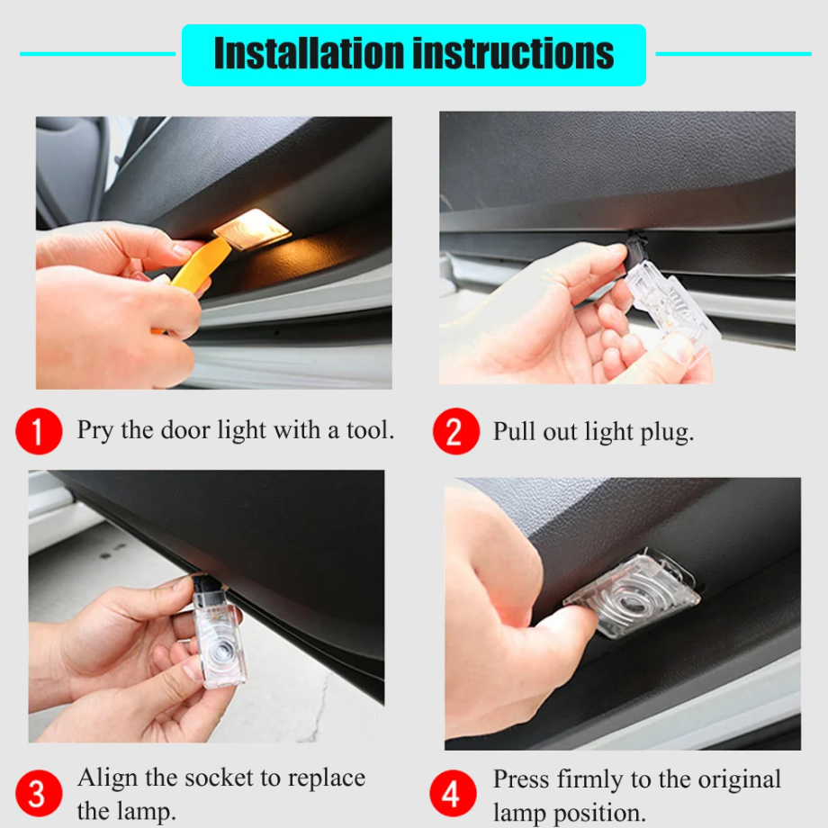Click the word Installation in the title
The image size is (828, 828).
click(x=310, y=53)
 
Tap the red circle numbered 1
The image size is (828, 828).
click(x=39, y=431)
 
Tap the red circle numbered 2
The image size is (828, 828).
click(x=456, y=431)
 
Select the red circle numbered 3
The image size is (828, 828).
click(x=39, y=793)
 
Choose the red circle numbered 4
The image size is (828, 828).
click(x=453, y=793)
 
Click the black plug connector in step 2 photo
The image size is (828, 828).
click(x=634, y=248)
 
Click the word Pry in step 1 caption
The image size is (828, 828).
click(x=95, y=431)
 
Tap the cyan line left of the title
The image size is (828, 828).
click(x=98, y=53)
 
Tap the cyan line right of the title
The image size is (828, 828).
click(x=733, y=53)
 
